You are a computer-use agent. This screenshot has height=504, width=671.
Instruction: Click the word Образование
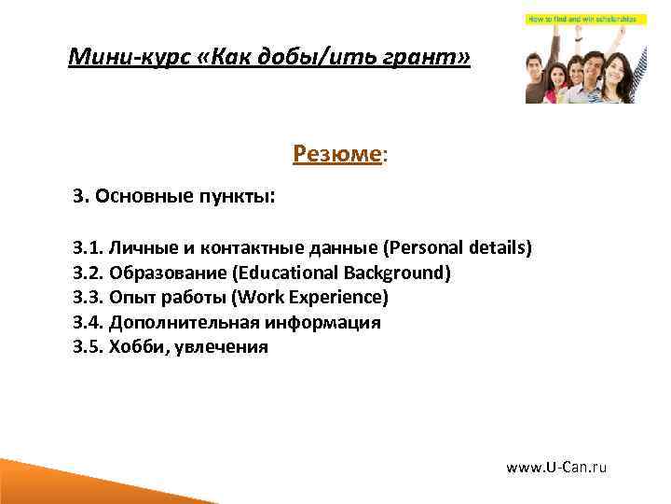(169, 273)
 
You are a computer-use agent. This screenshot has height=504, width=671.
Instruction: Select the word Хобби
(135, 347)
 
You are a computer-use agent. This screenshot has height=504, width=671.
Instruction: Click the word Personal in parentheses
(424, 248)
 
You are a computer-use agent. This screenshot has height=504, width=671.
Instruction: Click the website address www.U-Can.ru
(555, 467)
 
